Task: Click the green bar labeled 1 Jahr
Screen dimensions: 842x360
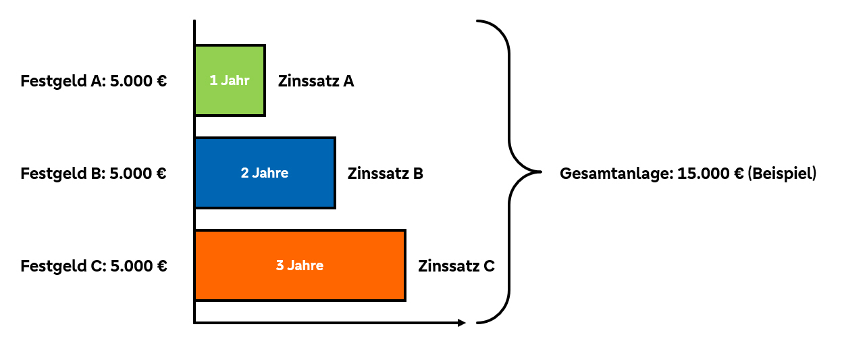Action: (230, 80)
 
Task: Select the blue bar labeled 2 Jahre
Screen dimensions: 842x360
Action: (265, 173)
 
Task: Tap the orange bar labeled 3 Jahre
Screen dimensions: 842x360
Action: (300, 265)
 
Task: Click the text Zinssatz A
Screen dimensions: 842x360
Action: (316, 81)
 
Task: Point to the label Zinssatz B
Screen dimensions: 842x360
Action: (386, 174)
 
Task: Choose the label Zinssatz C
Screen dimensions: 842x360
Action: (456, 266)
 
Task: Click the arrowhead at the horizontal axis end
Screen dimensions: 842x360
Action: (462, 323)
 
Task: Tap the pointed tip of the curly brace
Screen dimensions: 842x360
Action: (541, 172)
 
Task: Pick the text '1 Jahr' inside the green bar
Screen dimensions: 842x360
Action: (230, 80)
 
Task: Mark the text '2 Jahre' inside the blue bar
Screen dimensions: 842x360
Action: (265, 173)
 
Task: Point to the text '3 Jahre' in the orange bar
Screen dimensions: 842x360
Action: (300, 265)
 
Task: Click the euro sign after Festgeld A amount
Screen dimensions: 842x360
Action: (161, 81)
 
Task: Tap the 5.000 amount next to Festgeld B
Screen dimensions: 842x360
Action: (130, 174)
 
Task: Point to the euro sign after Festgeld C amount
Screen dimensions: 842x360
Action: (161, 266)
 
